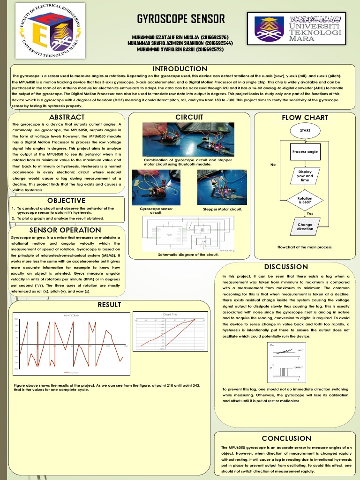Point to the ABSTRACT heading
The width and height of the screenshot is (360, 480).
(x=67, y=117)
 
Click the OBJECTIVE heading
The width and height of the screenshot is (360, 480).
(x=66, y=201)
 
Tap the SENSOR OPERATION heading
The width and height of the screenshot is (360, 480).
(x=65, y=230)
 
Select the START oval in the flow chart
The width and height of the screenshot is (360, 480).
(x=305, y=129)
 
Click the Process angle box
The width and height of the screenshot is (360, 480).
(x=305, y=152)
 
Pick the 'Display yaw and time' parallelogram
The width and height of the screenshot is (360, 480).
(x=305, y=176)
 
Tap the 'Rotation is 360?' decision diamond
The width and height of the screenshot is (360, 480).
(x=305, y=200)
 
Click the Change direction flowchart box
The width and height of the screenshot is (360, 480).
(x=305, y=226)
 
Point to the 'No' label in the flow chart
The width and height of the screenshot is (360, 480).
(x=273, y=165)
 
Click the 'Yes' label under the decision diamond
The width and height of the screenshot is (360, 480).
(x=309, y=213)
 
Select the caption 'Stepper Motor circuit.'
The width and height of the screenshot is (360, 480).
(x=222, y=209)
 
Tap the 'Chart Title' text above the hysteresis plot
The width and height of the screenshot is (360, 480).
(x=170, y=314)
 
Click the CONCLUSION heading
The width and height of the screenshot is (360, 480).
(x=286, y=438)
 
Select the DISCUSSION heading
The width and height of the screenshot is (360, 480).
(x=286, y=267)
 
